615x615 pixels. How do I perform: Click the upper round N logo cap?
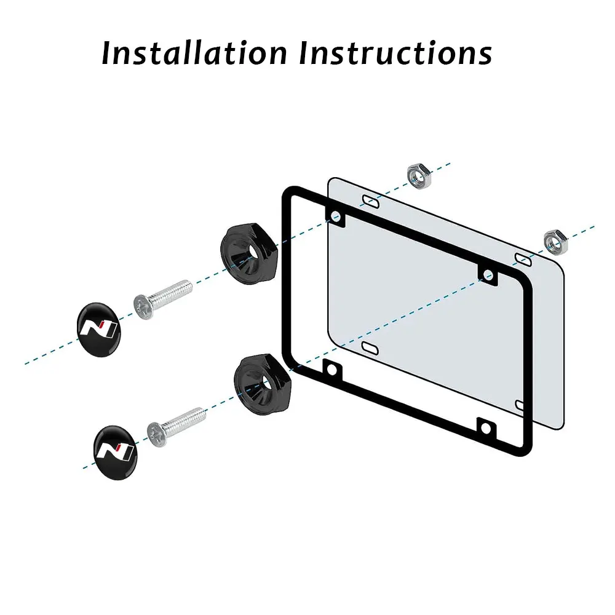(x=98, y=327)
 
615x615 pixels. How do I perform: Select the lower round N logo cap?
(x=115, y=452)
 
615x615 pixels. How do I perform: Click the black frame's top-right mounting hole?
(x=488, y=275)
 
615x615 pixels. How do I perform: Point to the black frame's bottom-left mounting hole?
(x=333, y=370)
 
